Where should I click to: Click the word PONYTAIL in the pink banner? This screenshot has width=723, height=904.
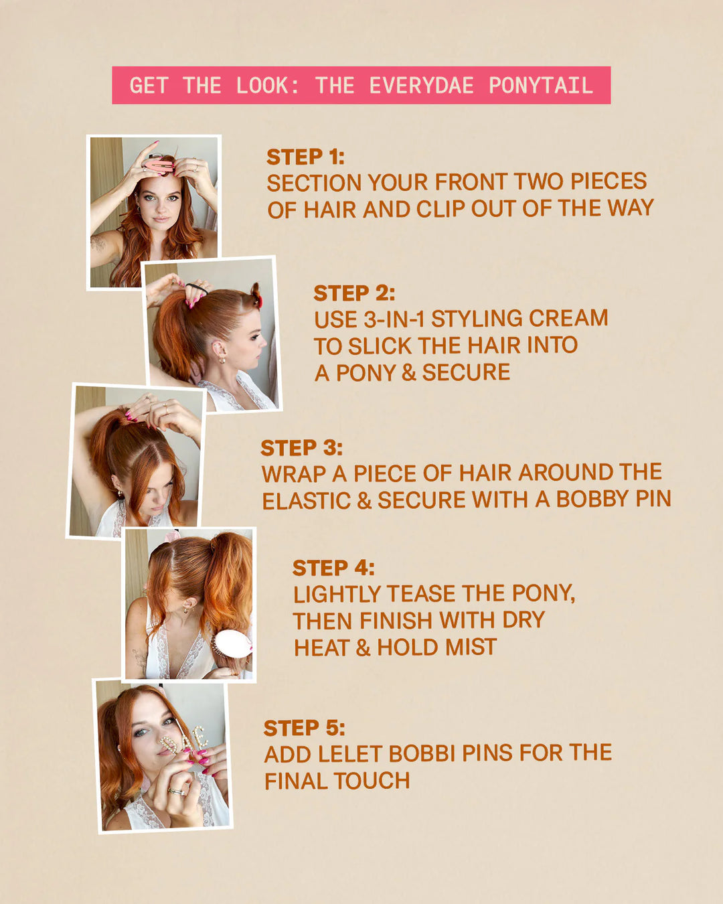(540, 86)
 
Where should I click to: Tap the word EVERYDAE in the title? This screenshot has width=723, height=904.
(421, 86)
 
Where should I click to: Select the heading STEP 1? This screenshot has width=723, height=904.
(305, 157)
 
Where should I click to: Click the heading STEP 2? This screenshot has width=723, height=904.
(354, 293)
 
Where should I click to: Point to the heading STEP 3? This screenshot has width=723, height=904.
(301, 448)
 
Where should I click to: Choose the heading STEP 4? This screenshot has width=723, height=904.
(333, 568)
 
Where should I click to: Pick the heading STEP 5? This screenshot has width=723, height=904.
(304, 728)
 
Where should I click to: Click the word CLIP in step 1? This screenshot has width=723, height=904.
(441, 209)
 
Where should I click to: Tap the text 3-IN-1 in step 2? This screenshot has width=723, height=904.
(394, 319)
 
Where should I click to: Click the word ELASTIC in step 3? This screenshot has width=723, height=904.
(306, 501)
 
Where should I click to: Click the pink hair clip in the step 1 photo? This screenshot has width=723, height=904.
(159, 164)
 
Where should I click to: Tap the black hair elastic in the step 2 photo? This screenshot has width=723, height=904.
(196, 288)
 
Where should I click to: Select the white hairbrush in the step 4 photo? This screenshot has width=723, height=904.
(232, 642)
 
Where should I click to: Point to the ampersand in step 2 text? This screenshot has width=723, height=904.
(409, 373)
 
